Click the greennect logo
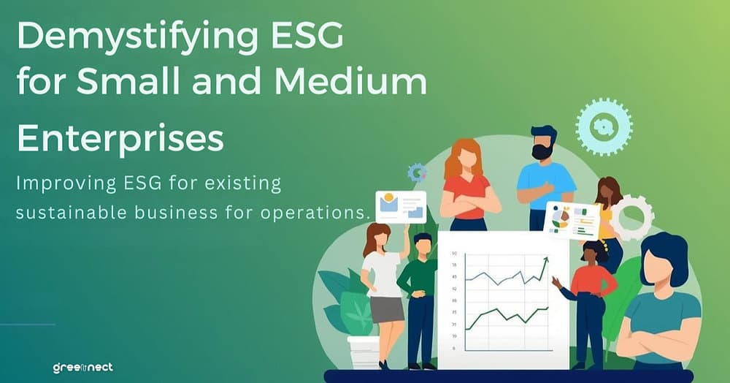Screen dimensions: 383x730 click(x=82, y=367)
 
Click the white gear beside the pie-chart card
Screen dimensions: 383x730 click(x=631, y=217)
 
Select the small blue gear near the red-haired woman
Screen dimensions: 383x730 click(x=417, y=172)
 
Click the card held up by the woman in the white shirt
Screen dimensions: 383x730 click(x=400, y=206)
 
